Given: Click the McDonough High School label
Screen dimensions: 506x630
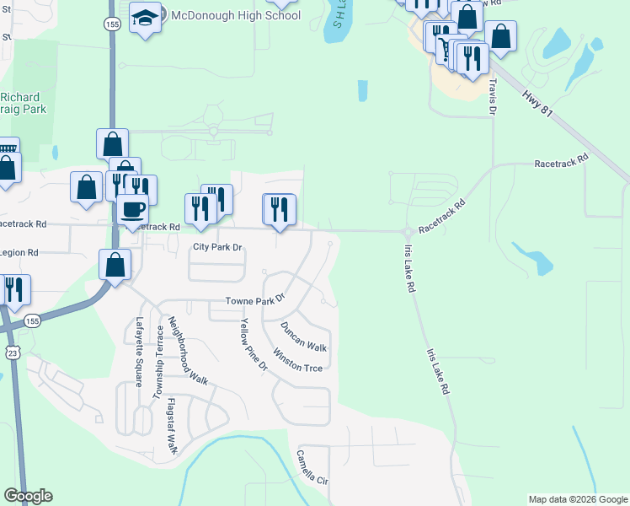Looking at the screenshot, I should click(x=235, y=15).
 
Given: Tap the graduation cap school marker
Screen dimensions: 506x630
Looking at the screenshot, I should click(x=146, y=19).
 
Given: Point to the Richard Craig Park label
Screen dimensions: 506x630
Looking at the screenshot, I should click(x=24, y=103).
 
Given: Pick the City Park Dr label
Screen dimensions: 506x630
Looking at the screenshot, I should click(x=217, y=247).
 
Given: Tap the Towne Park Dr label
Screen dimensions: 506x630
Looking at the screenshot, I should click(x=256, y=300).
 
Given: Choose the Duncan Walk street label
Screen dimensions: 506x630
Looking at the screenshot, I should click(x=303, y=336).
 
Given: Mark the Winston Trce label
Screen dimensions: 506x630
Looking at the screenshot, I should click(x=296, y=360).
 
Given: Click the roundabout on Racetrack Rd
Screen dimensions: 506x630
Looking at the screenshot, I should click(x=408, y=231).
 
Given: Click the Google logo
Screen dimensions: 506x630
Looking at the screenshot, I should click(x=28, y=496).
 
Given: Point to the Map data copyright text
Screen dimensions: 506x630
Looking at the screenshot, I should click(x=577, y=499).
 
